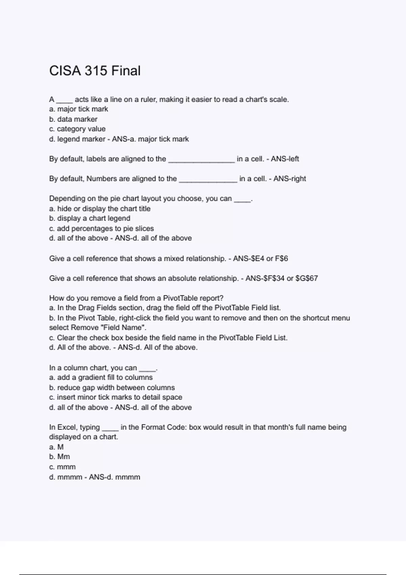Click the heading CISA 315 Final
pos(95,71)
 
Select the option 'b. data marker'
pos(73,119)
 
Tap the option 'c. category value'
pos(77,129)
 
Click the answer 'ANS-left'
pos(285,159)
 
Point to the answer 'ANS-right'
pos(290,179)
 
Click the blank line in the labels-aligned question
pos(201,160)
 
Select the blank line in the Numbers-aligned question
pos(208,180)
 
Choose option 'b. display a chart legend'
pos(90,218)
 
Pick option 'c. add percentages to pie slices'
pos(101,228)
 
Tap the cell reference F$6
pos(281,259)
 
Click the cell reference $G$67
pos(307,278)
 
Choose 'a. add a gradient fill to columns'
pos(101,377)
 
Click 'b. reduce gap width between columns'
pos(112,388)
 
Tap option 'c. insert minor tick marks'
pos(115,397)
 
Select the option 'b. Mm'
pos(60,457)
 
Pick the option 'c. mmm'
pos(62,467)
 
